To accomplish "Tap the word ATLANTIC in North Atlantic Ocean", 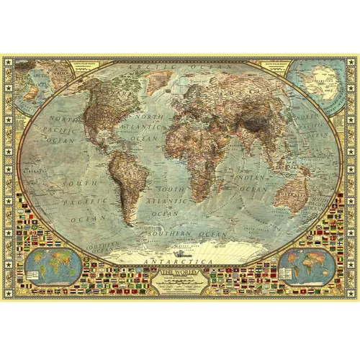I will coord(153,127).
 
